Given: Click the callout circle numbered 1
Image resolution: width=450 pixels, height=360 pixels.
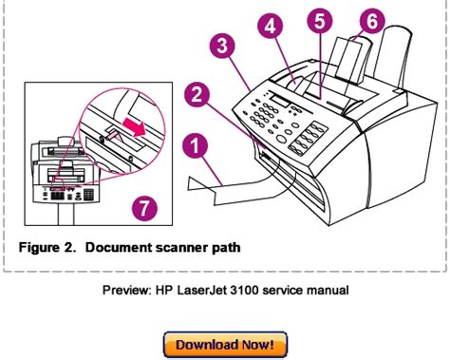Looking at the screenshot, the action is [x=196, y=146].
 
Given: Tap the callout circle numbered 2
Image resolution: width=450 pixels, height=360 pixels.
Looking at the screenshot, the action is [x=197, y=94].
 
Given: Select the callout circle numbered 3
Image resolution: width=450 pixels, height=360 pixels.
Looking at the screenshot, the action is [x=222, y=46].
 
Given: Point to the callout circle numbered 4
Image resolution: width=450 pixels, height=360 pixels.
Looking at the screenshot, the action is [x=270, y=27].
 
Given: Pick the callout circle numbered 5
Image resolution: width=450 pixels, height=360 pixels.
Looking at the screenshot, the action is [x=320, y=21].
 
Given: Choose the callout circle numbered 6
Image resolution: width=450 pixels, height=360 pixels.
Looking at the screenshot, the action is [x=372, y=21].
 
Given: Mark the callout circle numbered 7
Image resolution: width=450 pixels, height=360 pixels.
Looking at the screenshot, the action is [x=144, y=208].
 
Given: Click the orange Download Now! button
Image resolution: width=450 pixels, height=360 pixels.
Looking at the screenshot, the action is [x=225, y=345].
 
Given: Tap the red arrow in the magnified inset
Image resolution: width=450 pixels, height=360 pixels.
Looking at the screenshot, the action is [x=134, y=126].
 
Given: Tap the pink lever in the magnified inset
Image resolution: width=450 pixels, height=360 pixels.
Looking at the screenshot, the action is [x=113, y=136].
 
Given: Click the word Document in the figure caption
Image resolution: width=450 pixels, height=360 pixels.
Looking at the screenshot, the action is [x=119, y=247].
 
